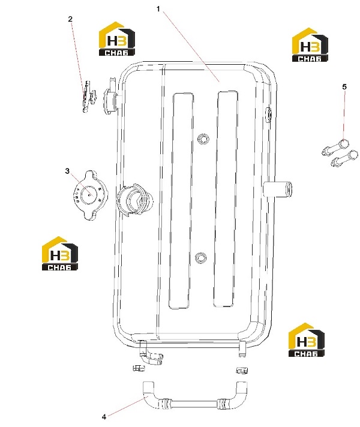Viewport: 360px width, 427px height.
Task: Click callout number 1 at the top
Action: coord(158,9)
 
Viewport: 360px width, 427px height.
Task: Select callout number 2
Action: coord(70,19)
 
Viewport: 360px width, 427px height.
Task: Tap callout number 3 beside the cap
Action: coord(67,171)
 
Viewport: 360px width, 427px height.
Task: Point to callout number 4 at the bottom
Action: coord(104,417)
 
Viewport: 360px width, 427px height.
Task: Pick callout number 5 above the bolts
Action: coord(344,87)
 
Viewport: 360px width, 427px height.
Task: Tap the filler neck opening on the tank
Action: coord(134,200)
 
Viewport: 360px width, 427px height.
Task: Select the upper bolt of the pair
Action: coord(335,147)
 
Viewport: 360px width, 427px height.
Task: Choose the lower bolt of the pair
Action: coord(344,158)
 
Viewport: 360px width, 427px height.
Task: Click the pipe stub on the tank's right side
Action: coord(278,189)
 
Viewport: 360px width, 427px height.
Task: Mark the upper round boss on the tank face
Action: coord(203,139)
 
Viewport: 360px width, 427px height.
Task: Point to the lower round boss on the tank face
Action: coord(201,258)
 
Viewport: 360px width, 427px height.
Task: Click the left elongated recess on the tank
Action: coord(181,201)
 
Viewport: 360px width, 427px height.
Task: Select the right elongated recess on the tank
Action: coord(225,199)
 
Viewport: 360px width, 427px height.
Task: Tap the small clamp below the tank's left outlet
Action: coord(139,368)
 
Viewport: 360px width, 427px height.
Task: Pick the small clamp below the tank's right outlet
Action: coord(241,370)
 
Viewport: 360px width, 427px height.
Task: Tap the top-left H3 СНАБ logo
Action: coord(116,38)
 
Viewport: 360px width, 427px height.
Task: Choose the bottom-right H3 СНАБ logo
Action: coord(307,340)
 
